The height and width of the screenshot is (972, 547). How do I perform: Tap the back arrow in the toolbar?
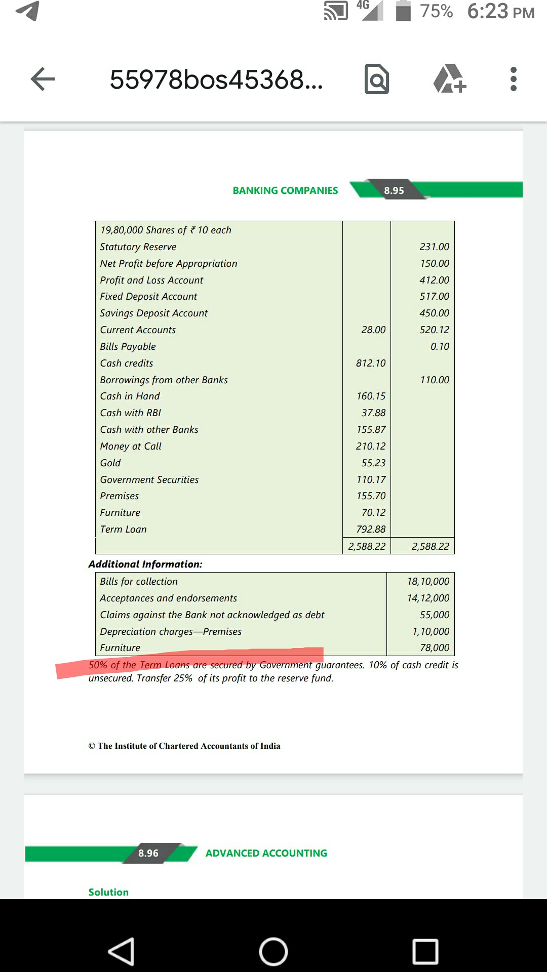coord(43,79)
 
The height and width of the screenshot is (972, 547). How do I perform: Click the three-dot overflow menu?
coord(513,79)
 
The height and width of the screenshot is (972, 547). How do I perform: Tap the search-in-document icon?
coord(377,79)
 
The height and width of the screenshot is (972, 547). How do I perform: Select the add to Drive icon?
coord(449,79)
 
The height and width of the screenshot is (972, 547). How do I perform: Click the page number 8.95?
coord(394,190)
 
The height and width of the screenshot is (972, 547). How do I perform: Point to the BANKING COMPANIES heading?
coord(285,190)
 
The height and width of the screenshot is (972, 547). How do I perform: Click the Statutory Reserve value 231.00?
coord(434,247)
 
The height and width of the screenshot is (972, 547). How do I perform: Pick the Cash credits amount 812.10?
coord(371,363)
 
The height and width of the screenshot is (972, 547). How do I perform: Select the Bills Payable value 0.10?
coord(440,346)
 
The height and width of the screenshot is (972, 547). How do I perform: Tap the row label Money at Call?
coord(131,446)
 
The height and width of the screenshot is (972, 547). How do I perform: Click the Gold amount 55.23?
coord(373,463)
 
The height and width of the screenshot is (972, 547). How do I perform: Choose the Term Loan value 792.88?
coord(371,529)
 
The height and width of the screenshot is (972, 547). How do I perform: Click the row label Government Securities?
coord(149,479)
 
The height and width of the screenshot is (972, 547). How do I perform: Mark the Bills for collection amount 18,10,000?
coord(428,581)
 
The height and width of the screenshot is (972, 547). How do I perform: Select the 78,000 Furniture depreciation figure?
coord(435,647)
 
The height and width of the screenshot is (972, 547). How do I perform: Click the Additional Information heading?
coord(145,564)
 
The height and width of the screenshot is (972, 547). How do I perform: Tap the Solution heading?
coord(108,892)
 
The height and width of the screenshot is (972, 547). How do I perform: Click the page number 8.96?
coord(148,853)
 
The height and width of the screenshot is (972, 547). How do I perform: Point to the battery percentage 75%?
coord(436,11)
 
